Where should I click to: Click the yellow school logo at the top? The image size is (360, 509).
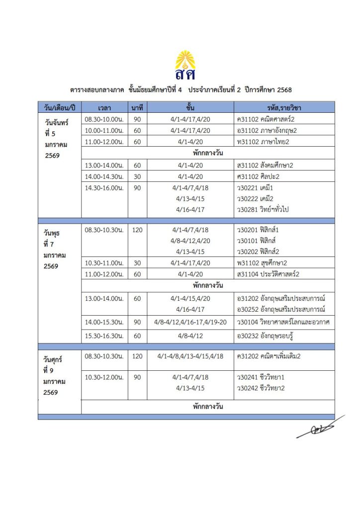coord(185,65)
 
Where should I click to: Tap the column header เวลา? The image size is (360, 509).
coord(104,108)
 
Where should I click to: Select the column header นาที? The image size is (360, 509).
coord(137,108)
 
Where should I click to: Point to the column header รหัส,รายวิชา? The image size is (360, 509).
coord(284,108)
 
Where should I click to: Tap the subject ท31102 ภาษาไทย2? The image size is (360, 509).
coord(263,142)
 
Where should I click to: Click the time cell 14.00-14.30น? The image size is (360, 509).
coord(104,176)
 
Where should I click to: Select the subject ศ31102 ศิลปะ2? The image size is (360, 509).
coord(260,176)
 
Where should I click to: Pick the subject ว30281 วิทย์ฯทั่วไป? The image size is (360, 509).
coord(263,209)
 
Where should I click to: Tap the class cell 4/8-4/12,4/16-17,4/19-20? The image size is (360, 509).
coord(191,322)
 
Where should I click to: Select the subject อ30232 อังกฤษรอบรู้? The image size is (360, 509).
coord(264,337)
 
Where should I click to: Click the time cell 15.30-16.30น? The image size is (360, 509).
coord(104,337)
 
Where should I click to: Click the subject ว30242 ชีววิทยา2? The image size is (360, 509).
coord(261,388)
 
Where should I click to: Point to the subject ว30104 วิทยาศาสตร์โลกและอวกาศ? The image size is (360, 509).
coord(284,322)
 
